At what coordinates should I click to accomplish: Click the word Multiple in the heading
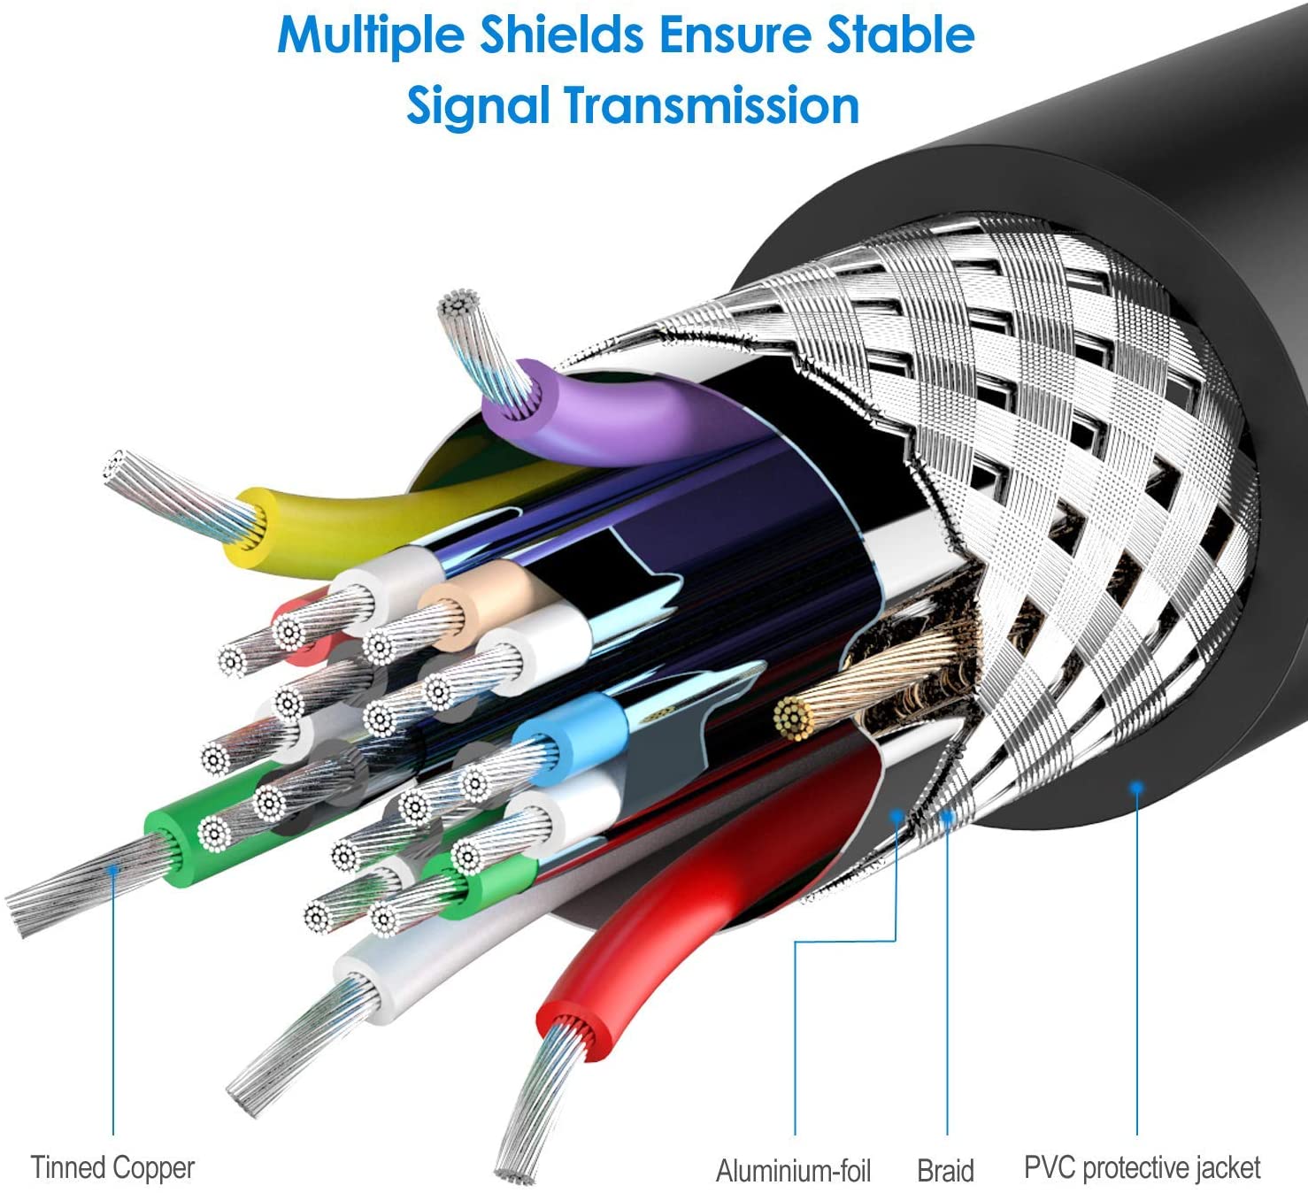(x=370, y=36)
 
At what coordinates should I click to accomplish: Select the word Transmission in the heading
(x=712, y=105)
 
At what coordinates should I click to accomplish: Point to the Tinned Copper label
(x=112, y=1167)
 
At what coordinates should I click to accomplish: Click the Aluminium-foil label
(x=793, y=1170)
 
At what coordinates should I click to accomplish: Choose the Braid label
(x=945, y=1170)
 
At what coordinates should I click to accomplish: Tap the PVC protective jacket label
(x=1142, y=1167)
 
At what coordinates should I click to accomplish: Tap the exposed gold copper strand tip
(x=793, y=720)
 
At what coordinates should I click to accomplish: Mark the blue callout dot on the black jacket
(x=1136, y=788)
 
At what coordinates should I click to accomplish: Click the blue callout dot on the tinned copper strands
(x=112, y=869)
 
